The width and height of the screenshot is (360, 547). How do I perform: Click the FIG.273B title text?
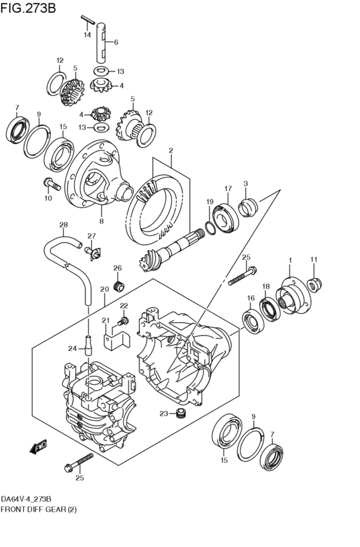point(28,7)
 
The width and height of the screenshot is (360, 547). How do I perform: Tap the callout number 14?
point(87,35)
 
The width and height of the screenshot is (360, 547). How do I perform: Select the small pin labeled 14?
point(88,19)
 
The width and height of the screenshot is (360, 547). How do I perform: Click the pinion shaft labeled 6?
point(101,42)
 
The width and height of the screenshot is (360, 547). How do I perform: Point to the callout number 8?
point(101,221)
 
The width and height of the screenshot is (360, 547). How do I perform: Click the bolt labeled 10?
point(52,184)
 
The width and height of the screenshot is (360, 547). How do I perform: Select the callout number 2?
point(171,150)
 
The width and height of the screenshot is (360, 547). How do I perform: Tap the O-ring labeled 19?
point(210,228)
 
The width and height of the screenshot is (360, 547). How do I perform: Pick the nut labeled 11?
point(314,285)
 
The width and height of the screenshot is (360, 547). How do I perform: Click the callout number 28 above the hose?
point(64,225)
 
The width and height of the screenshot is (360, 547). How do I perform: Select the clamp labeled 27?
point(93,253)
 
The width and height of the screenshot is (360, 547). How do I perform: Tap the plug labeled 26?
point(120,285)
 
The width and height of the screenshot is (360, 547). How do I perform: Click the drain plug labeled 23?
point(181,413)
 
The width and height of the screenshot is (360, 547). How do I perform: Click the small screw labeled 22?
point(124,321)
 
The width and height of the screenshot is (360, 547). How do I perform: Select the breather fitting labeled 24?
point(88,345)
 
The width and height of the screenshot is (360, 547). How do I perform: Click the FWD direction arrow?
point(39,447)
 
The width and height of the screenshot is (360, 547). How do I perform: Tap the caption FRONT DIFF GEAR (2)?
point(39,510)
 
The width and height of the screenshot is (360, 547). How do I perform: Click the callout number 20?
point(105,289)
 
